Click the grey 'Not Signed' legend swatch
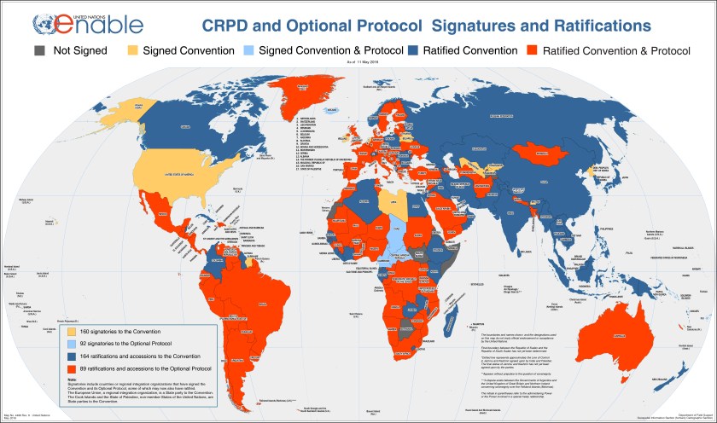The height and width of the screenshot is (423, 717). pyautogui.click(x=38, y=50)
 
